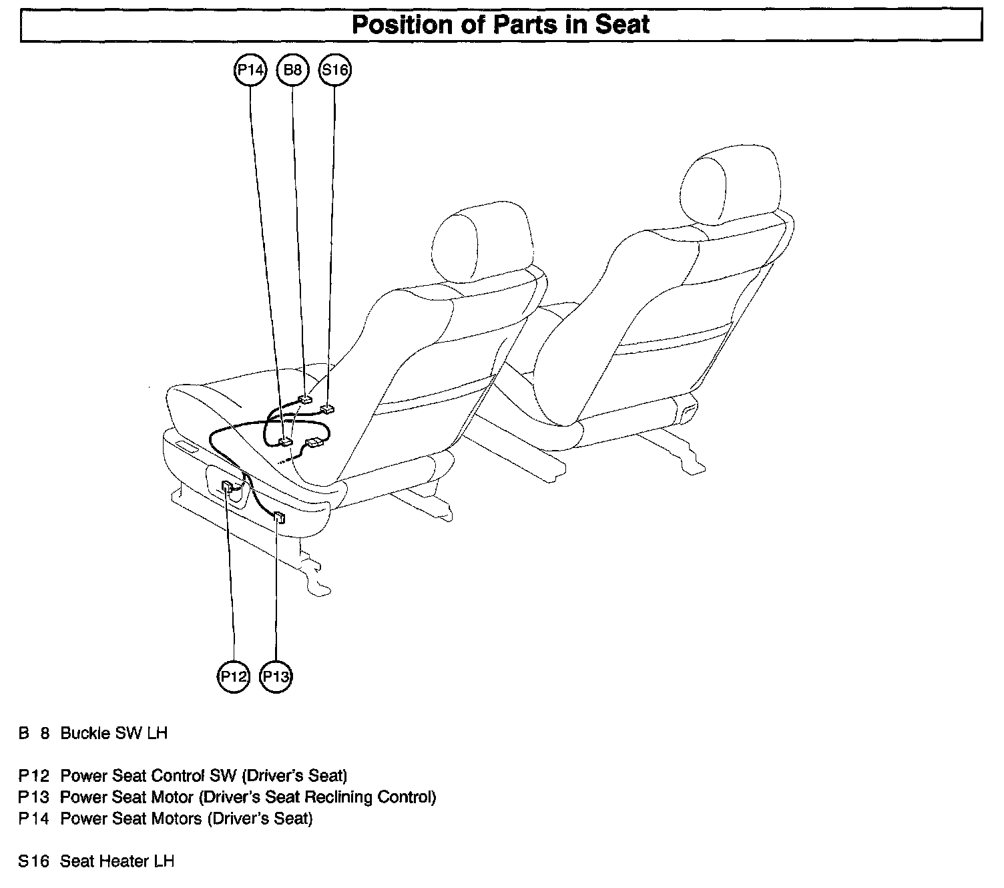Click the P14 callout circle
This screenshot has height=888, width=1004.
coord(250,70)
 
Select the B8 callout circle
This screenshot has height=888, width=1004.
coord(292,70)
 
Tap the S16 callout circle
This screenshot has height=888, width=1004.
coord(335,70)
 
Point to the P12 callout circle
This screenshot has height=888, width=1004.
coord(234,677)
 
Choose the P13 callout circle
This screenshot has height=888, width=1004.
coord(276,677)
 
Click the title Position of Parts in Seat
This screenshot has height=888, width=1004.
coord(501,25)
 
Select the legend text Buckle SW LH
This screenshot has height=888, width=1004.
coord(113,733)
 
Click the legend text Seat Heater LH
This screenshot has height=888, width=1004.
coord(117,861)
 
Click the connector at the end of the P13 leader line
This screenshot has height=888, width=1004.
coord(279,517)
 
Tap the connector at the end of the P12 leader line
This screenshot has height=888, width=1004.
coord(228,487)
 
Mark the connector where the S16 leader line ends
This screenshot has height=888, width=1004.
coord(327,409)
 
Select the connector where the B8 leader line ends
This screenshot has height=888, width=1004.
coord(305,399)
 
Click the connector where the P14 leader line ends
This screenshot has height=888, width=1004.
coord(285,441)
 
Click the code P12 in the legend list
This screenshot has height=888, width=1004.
coord(33,776)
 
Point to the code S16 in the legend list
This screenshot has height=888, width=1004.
coord(33,861)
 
